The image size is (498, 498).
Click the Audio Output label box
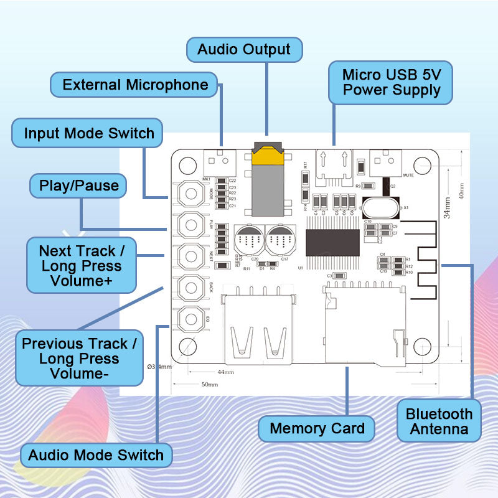tap(244, 50)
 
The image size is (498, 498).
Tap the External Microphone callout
tap(135, 85)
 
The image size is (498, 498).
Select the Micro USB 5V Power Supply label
tap(391, 82)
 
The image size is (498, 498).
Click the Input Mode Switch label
tap(88, 133)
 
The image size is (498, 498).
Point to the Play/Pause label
tap(78, 186)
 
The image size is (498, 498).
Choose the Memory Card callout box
tap(317, 428)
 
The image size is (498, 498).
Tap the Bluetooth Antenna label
tap(439, 421)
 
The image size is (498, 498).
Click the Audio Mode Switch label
tap(96, 455)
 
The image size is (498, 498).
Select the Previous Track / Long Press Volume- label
tap(78, 359)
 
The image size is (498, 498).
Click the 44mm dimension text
tap(225, 372)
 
